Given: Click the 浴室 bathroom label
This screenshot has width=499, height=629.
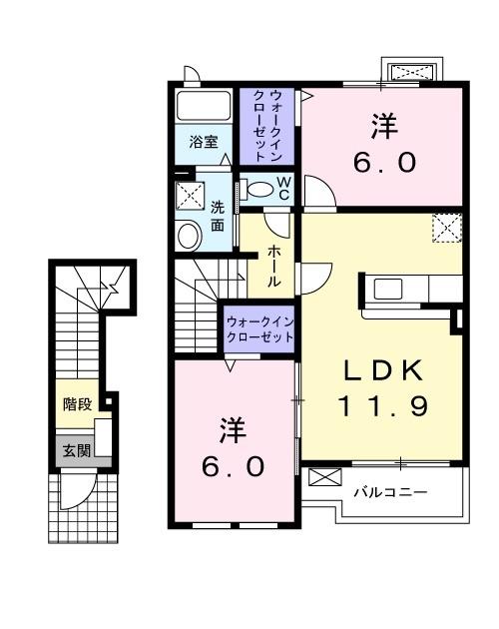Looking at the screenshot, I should click(x=204, y=142).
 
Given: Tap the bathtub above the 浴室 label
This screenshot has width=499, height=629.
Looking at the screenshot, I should click(x=205, y=107).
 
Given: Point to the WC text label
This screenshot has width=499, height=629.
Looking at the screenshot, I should click(x=283, y=188).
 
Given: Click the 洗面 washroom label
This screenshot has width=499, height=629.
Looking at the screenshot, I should click(x=218, y=216).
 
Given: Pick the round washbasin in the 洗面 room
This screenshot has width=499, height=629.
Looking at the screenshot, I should click(x=188, y=237).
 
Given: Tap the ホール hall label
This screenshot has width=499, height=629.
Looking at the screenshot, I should click(x=274, y=267).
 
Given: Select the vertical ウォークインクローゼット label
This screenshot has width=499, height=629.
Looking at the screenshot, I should click(x=266, y=125).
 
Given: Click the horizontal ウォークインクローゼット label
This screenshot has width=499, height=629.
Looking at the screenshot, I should click(x=259, y=329).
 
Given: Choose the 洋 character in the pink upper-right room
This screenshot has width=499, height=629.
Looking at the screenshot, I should click(x=384, y=127).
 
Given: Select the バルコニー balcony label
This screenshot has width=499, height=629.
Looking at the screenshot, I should click(x=391, y=492).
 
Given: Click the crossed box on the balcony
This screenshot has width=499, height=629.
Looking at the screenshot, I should click(x=324, y=478).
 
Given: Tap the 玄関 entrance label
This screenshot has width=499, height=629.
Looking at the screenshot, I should click(x=77, y=450).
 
